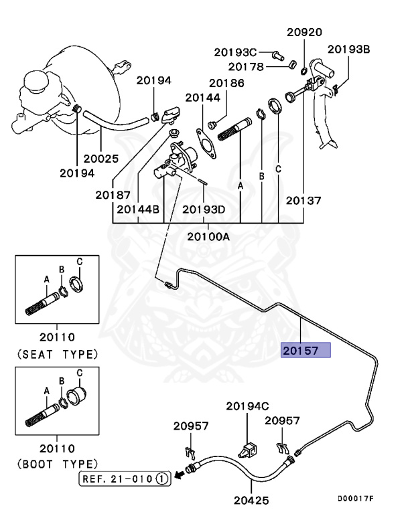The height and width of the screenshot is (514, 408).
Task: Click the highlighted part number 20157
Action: coord(305,350)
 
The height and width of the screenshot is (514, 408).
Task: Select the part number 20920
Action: coord(305,32)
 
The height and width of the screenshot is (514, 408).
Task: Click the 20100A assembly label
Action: coord(208,236)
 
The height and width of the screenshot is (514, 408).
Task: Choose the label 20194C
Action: coord(247,406)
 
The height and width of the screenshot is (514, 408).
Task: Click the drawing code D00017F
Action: coord(355,499)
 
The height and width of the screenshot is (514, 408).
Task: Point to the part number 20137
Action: coord(303,200)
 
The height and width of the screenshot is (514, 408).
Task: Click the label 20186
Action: coord(226,84)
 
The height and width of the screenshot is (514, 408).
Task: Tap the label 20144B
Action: coord(138,209)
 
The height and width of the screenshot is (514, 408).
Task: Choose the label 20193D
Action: coord(204,209)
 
